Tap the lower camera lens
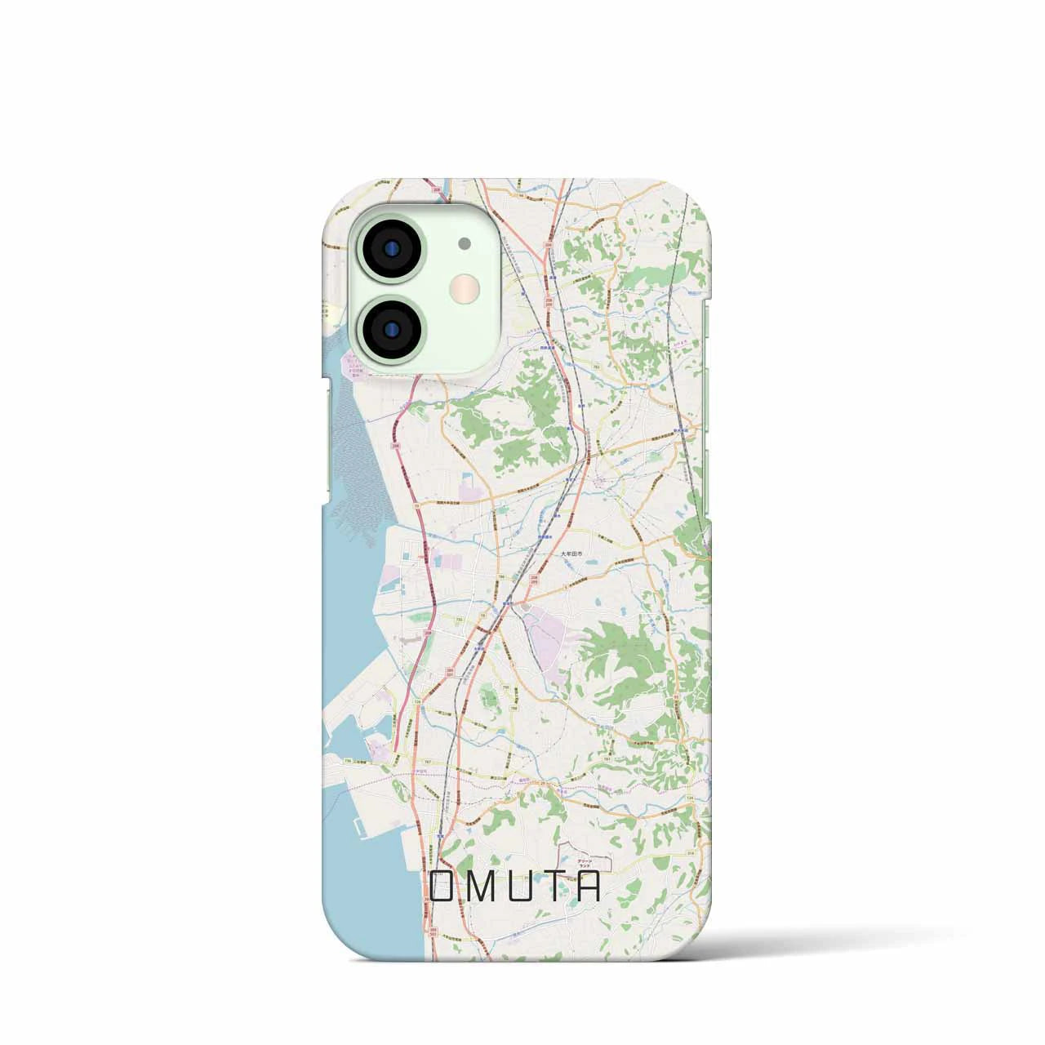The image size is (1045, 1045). point(390,328)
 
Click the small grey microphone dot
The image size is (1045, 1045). point(465,242)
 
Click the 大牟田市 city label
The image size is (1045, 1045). point(573,553)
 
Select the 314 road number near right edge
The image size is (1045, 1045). point(690,827)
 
